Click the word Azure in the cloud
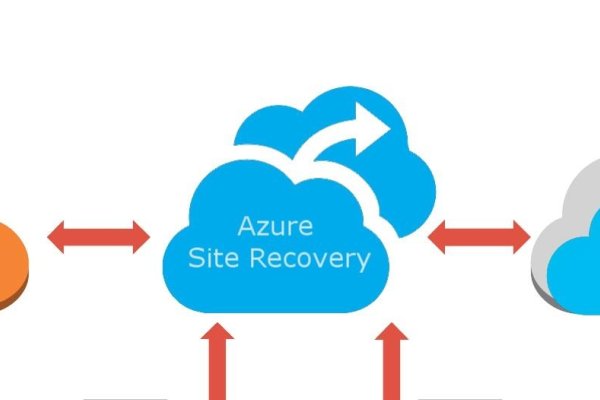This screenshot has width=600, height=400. [x=275, y=226]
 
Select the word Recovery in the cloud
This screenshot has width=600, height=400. [x=310, y=260]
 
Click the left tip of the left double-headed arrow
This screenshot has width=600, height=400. [x=47, y=237]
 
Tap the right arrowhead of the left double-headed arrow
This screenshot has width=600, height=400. [x=141, y=237]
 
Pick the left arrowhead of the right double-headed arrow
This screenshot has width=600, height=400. [x=437, y=237]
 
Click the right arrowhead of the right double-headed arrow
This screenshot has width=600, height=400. [x=522, y=237]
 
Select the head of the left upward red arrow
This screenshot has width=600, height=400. [x=217, y=331]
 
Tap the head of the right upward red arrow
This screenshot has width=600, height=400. [x=391, y=331]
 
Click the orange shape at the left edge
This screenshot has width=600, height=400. [x=12, y=260]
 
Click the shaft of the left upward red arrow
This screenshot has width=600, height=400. [x=218, y=370]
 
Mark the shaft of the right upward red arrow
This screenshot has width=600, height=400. [x=392, y=370]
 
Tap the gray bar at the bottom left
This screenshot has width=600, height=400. [x=126, y=399]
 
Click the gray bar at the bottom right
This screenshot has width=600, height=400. [x=460, y=399]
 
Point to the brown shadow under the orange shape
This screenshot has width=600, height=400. [x=15, y=299]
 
